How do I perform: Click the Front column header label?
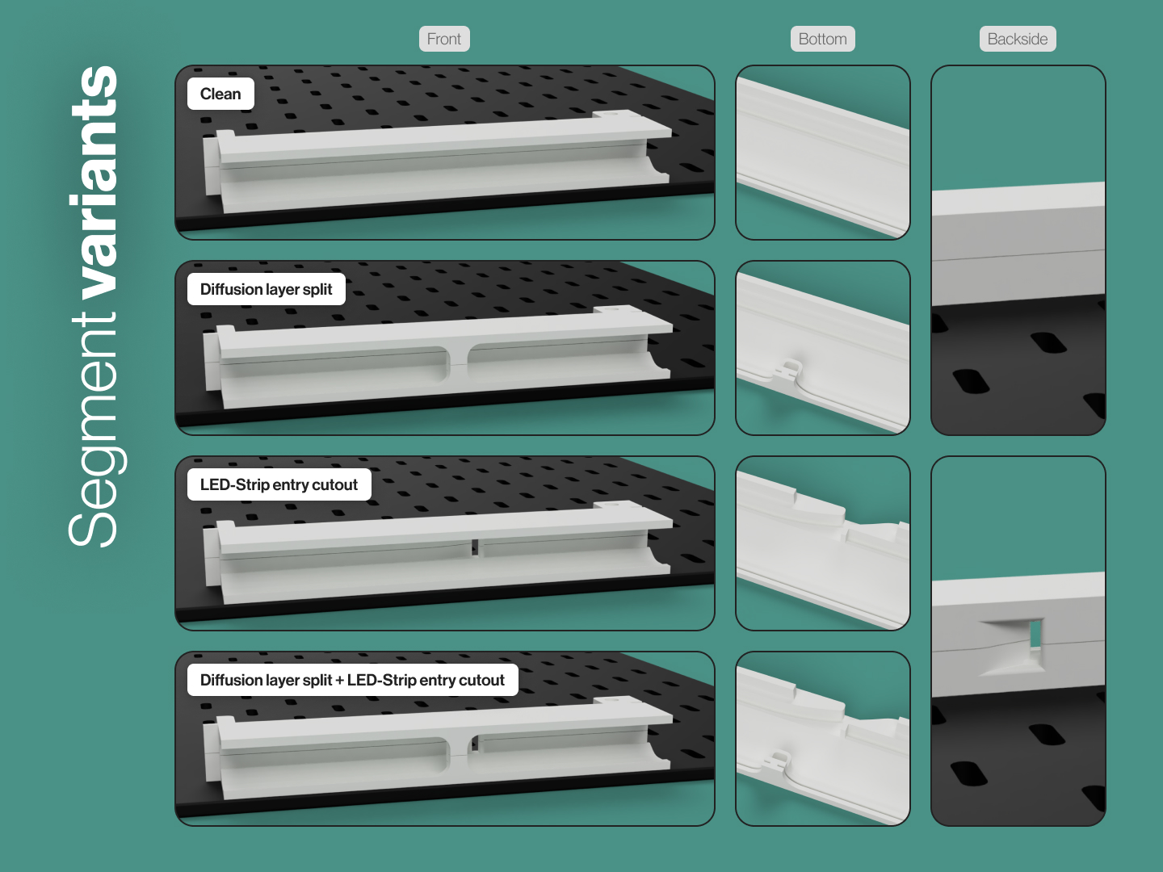444,39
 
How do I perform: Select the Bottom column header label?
822,39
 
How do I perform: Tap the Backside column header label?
1018,39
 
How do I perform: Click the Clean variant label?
220,94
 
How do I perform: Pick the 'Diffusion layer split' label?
266,289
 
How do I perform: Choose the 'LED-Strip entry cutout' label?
279,484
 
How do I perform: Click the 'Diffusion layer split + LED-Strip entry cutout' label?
352,680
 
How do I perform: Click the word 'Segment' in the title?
96,430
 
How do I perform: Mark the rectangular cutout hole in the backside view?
1035,635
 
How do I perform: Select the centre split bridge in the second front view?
457,363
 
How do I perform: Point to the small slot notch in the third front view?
475,548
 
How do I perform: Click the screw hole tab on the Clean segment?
615,115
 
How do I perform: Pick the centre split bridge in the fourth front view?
457,753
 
